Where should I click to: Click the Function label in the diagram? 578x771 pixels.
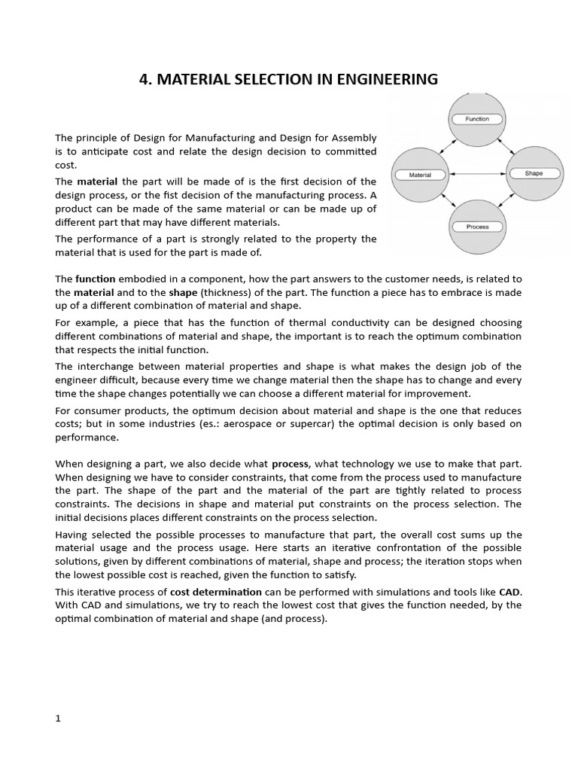(477, 119)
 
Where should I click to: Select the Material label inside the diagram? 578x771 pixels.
(420, 175)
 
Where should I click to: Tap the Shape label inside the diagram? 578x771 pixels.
(534, 173)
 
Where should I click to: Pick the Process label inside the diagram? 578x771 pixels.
(477, 227)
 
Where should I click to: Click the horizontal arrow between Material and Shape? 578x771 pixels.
(477, 174)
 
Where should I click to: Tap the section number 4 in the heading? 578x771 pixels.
(144, 79)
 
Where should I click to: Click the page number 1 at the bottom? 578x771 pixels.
(58, 718)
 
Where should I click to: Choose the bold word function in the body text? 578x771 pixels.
(95, 279)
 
